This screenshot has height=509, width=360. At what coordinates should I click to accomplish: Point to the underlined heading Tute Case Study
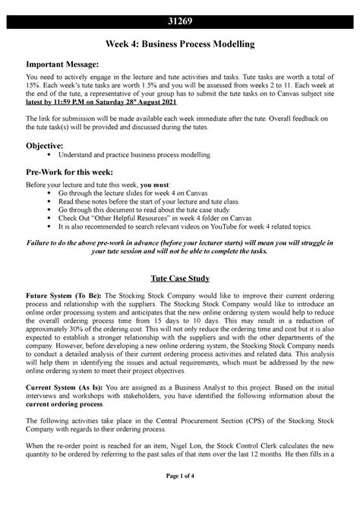(179, 278)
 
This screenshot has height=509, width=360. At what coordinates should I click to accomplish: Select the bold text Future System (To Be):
(63, 296)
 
